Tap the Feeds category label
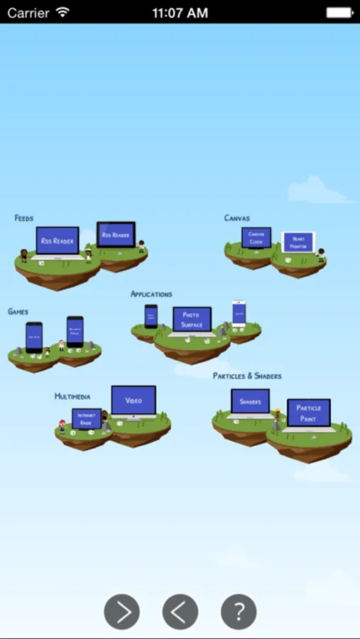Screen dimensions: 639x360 (23, 218)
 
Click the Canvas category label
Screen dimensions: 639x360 (236, 218)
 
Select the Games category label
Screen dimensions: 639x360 (18, 312)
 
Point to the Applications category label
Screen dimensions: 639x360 (151, 294)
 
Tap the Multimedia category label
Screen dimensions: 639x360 (72, 396)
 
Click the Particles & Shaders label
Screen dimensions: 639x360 (247, 376)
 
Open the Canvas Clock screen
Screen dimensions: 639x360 (256, 237)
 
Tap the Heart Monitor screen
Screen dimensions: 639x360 (298, 243)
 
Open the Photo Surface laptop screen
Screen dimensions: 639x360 (192, 319)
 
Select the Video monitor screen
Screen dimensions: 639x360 (133, 400)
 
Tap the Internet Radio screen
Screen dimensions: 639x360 (86, 419)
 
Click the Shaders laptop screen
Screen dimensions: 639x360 (250, 401)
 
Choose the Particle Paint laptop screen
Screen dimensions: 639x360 (309, 413)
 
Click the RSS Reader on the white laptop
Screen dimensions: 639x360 (57, 241)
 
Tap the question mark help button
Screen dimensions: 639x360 (239, 611)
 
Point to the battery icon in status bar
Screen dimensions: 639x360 (339, 13)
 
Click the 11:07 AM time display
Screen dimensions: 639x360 (180, 13)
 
